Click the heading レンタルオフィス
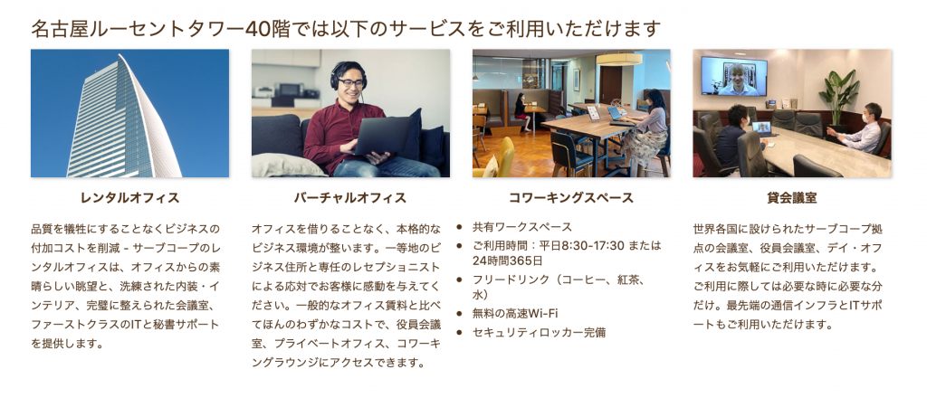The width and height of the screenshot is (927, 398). pos(130,198)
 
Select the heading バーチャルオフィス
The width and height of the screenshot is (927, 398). pos(350,198)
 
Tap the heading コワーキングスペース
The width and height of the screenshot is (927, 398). pos(571,198)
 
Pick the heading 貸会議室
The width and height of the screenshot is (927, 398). pos(791,198)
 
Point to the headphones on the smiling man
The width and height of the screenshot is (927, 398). pos(349,75)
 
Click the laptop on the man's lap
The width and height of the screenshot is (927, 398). pos(382,134)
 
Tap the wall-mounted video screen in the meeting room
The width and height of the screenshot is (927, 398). pos(733,76)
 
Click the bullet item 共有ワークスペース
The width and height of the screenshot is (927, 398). pos(522,227)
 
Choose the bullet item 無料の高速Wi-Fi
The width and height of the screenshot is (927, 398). pos(515,313)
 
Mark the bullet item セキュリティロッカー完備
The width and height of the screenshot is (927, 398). pos(539,333)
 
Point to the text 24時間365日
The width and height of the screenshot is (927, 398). pos(507,261)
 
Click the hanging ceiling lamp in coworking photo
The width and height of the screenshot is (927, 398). pos(619,59)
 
